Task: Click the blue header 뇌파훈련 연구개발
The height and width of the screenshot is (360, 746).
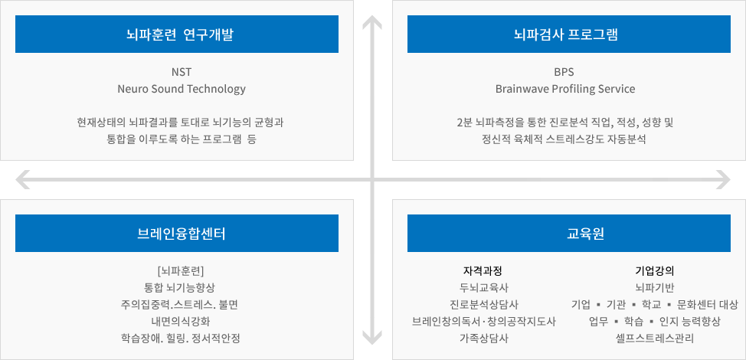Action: coord(176,34)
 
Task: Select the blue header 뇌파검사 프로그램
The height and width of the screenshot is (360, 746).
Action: coord(569,34)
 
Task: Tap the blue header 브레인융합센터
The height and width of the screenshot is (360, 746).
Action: coord(176,233)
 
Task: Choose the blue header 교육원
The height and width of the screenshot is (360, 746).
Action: coord(569,233)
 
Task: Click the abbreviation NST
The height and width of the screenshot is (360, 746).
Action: coord(182,72)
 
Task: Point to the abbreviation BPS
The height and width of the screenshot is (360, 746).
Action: coord(564,72)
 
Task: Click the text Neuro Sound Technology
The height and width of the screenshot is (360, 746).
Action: coord(182,89)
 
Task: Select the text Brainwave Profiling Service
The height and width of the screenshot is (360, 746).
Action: coord(564,89)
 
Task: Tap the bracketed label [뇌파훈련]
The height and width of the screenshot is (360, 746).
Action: coord(180,271)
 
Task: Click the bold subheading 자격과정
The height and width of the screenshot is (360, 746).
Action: coord(483,271)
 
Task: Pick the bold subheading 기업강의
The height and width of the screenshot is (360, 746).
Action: coord(655,271)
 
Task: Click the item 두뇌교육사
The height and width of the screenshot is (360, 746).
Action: coord(483,288)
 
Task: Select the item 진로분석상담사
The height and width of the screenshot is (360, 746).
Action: coord(483,304)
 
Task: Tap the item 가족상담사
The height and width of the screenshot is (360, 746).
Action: coord(483,339)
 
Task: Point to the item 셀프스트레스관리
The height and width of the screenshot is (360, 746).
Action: coord(655,339)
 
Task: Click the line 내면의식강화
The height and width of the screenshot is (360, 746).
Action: coord(180,322)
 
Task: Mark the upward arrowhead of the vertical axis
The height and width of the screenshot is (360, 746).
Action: coord(372,22)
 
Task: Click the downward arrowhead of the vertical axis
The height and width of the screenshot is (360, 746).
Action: coord(372,337)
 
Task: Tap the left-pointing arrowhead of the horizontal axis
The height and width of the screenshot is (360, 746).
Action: coord(22,180)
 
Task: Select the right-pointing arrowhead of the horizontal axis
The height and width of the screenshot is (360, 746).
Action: coord(723,180)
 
